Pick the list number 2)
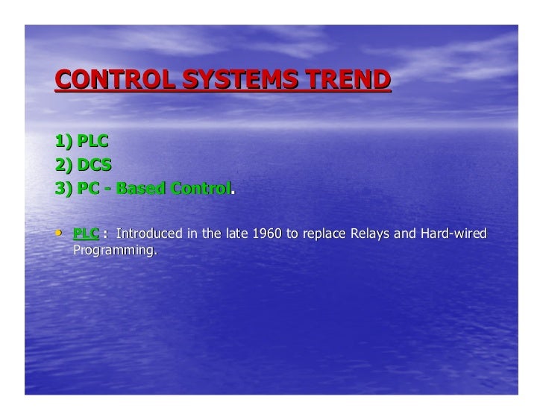click(63, 165)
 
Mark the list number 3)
click(63, 189)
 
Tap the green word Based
click(141, 189)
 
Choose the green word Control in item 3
click(201, 189)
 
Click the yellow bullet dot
click(59, 233)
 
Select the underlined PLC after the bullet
click(86, 234)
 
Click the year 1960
click(266, 234)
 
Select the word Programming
click(113, 250)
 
